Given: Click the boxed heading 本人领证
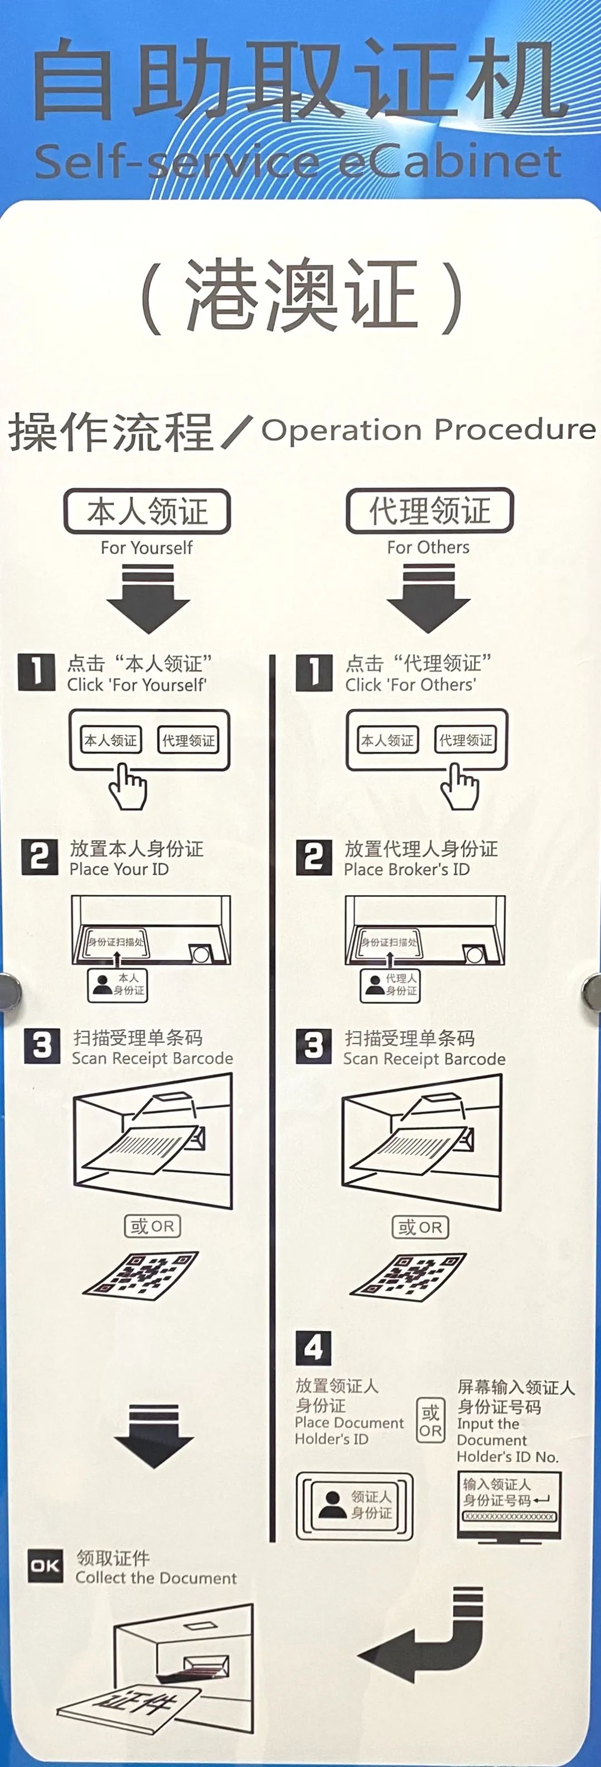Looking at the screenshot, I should click(x=147, y=512).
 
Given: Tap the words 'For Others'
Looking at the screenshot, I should click(x=428, y=547).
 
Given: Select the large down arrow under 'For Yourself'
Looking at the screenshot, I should click(x=147, y=598).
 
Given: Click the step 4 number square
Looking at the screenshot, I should click(x=313, y=1348).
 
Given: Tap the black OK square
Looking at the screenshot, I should click(x=45, y=1566).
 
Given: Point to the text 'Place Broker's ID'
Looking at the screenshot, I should click(x=407, y=869).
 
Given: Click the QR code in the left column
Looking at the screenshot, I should click(x=141, y=1276).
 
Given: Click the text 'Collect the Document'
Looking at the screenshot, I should click(x=156, y=1578).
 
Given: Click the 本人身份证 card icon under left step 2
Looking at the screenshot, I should click(x=117, y=984).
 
